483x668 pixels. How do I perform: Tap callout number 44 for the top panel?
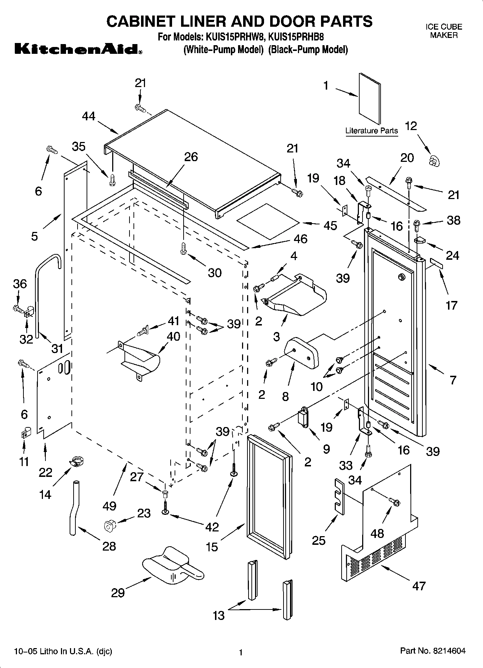(x=88, y=116)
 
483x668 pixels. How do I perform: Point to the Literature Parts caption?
(x=372, y=131)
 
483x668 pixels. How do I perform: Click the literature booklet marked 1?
(x=370, y=98)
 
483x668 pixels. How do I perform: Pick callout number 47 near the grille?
(x=419, y=586)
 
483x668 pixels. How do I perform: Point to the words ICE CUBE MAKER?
(x=444, y=31)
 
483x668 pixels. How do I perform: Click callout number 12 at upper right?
(x=411, y=126)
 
